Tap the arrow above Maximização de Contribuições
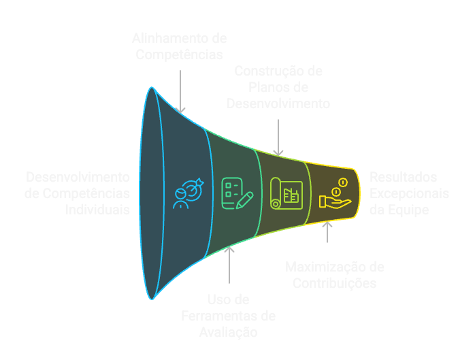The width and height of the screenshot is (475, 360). click(x=328, y=232)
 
